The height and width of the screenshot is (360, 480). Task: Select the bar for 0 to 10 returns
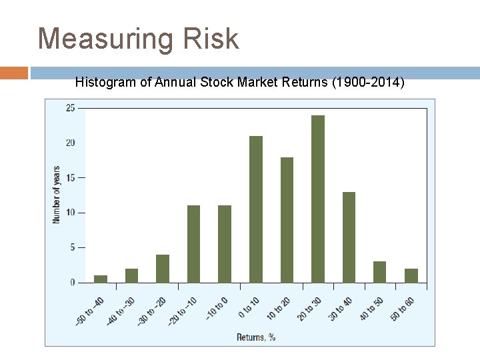pos(256,209)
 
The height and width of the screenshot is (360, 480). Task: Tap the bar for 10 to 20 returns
pos(287,220)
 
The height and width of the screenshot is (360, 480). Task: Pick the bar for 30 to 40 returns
pos(349,237)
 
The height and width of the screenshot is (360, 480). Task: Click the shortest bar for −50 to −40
pos(101,279)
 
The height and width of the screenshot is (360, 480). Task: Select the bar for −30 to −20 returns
pos(163,269)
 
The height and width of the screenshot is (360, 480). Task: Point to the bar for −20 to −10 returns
pos(193,244)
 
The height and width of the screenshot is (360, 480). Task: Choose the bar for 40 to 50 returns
pos(379,272)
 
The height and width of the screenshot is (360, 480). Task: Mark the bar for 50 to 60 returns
pos(411,275)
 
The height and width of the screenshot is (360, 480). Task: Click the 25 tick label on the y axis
pos(71,108)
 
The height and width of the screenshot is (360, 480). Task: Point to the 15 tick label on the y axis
pos(71,178)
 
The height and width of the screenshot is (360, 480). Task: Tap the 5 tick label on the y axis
pos(72,247)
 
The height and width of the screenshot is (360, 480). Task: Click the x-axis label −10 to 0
pos(218,307)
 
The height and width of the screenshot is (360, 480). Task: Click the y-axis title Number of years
pos(56,195)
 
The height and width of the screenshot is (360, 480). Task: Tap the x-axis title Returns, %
pos(256,337)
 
